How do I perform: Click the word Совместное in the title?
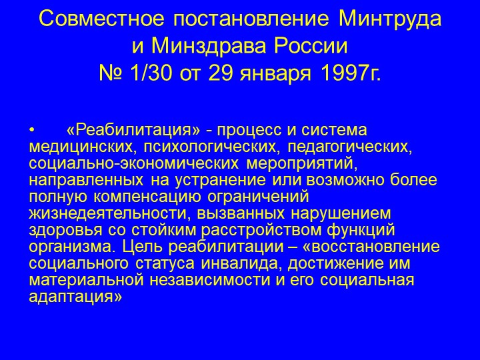click(101, 19)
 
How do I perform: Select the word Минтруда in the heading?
click(390, 20)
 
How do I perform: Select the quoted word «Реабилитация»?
click(133, 131)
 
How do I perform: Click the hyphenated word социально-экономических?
click(133, 163)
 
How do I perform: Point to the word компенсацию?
click(147, 197)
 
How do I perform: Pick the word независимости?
click(210, 280)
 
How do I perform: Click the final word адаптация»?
click(75, 297)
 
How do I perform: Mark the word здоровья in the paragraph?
click(65, 230)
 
